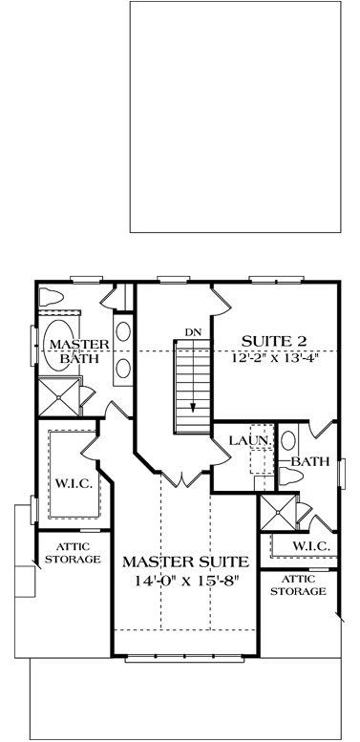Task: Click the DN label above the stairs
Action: [x=193, y=331]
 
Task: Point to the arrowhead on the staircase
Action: [x=192, y=405]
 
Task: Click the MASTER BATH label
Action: [x=70, y=351]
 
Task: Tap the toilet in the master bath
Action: [x=53, y=295]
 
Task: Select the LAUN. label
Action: [x=246, y=441]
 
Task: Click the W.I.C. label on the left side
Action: [x=74, y=484]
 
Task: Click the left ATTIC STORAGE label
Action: [x=69, y=552]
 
